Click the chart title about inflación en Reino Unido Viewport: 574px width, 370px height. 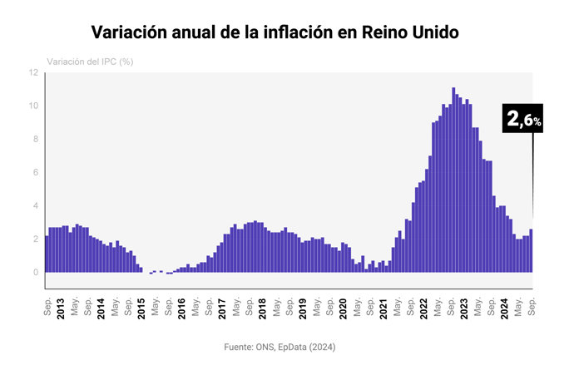275,32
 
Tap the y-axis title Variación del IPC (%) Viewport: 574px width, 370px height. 91,62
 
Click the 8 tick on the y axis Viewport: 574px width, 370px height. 35,140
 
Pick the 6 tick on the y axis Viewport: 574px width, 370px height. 35,173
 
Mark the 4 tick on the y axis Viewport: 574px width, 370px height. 35,206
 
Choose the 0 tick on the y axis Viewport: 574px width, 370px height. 35,273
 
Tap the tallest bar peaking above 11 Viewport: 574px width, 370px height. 453,180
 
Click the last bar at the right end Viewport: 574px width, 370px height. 531,251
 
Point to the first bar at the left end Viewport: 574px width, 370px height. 47,254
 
